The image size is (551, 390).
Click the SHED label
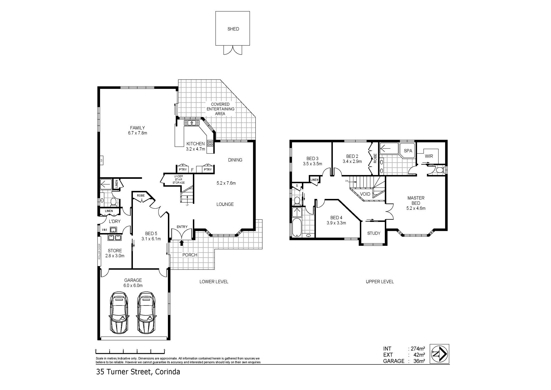coord(233,29)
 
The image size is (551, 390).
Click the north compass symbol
coord(439,354)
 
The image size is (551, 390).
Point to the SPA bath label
coord(408,151)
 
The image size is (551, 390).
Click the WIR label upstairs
coord(429,156)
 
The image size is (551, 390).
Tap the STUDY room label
coord(374,233)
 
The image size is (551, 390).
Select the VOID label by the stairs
coord(365,194)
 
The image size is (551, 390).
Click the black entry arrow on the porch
coord(181,243)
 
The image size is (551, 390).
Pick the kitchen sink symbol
coord(192,123)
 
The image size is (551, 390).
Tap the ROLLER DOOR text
coord(99,252)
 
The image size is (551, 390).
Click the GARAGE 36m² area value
coord(419,361)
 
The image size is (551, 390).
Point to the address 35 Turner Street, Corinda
coord(138,372)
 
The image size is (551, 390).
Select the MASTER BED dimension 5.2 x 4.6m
coord(416,208)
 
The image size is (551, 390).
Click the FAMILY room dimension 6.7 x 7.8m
coord(137,133)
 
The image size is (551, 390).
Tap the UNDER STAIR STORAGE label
coord(179,180)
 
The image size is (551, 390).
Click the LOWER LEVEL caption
coord(214,282)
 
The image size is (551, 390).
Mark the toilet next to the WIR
coord(439,170)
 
